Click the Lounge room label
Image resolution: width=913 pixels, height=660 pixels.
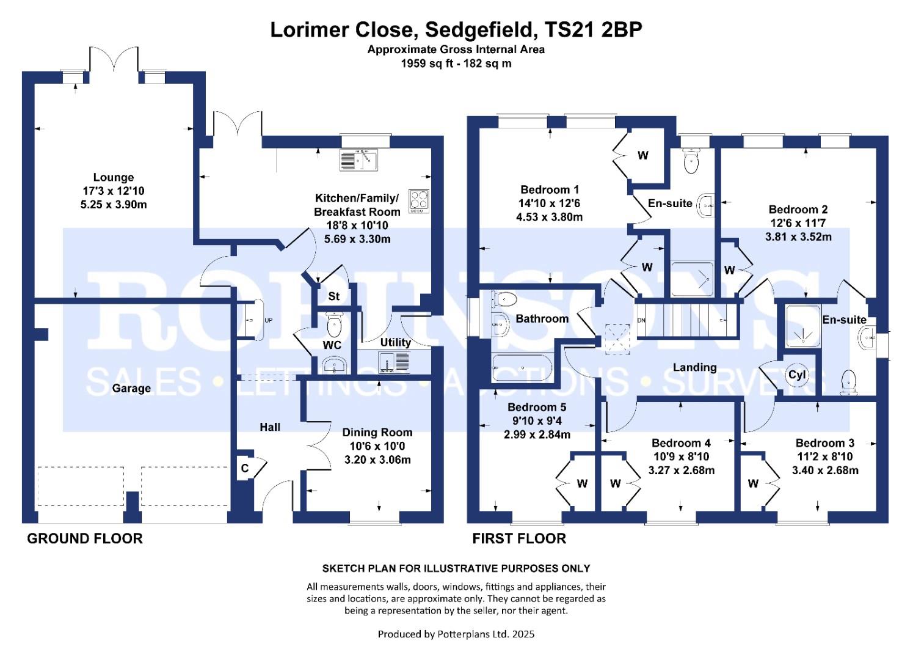[114, 178]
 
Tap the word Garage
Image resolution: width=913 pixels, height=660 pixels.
[131, 388]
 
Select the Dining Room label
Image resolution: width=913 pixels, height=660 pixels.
[377, 433]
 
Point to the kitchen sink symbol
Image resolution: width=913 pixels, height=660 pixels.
[358, 159]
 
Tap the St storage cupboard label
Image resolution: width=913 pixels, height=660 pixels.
[333, 296]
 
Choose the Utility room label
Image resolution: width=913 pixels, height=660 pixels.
[395, 342]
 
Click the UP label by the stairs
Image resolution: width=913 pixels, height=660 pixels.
[268, 320]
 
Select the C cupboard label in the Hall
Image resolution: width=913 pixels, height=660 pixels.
[245, 469]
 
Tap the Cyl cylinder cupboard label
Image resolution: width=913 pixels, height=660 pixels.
[798, 375]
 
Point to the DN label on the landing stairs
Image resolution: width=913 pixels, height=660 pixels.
[641, 320]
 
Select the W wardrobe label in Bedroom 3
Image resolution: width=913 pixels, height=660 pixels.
[753, 484]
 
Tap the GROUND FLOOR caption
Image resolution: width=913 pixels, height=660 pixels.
[85, 538]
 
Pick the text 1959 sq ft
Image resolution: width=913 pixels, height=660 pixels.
[427, 63]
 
